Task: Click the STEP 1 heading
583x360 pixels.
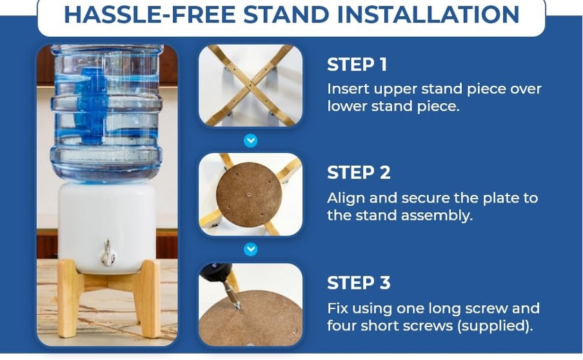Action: (359, 65)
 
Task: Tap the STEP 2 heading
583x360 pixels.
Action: (359, 173)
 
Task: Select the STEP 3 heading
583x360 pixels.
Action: (359, 283)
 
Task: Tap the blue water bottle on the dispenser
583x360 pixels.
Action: (106, 110)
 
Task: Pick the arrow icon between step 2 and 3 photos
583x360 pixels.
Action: (251, 248)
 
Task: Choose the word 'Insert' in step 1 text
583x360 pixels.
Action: (346, 89)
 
